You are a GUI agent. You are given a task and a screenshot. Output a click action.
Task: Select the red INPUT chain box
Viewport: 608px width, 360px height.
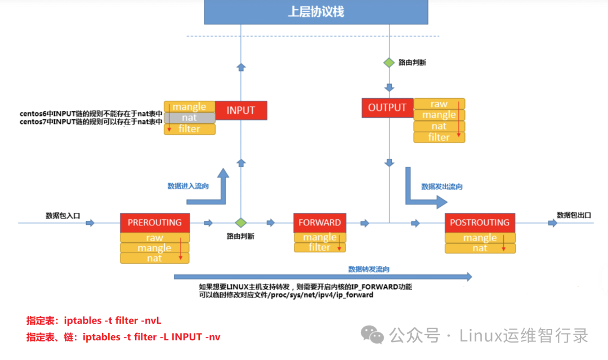point(241,110)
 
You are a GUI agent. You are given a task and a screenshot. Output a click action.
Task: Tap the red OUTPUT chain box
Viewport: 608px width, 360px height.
point(387,108)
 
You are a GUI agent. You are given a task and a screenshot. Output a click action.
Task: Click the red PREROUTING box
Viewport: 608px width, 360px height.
point(155,223)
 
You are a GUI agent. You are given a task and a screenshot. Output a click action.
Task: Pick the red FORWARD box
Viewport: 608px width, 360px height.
point(320,223)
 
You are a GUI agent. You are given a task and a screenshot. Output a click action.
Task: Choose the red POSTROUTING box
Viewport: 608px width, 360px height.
point(480,223)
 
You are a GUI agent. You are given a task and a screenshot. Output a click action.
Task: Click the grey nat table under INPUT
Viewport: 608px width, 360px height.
point(189,118)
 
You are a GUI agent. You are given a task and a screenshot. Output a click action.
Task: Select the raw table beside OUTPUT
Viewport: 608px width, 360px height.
point(439,104)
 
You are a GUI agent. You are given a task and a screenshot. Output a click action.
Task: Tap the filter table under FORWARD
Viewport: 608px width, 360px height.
point(320,247)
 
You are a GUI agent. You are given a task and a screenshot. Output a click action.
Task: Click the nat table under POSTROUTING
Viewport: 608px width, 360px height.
point(480,248)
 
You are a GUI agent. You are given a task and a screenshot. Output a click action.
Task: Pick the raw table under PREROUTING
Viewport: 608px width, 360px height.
point(154,238)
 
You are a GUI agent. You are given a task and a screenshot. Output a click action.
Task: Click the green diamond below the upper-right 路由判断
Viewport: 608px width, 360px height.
point(389,63)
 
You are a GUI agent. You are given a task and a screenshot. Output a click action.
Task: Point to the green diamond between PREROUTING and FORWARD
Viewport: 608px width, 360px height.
point(241,223)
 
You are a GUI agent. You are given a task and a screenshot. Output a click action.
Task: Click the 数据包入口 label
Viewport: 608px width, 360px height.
point(63,215)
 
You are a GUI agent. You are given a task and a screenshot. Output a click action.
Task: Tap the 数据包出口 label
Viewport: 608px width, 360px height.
point(574,215)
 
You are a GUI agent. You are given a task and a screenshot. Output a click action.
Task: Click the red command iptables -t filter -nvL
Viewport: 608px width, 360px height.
point(93,321)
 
